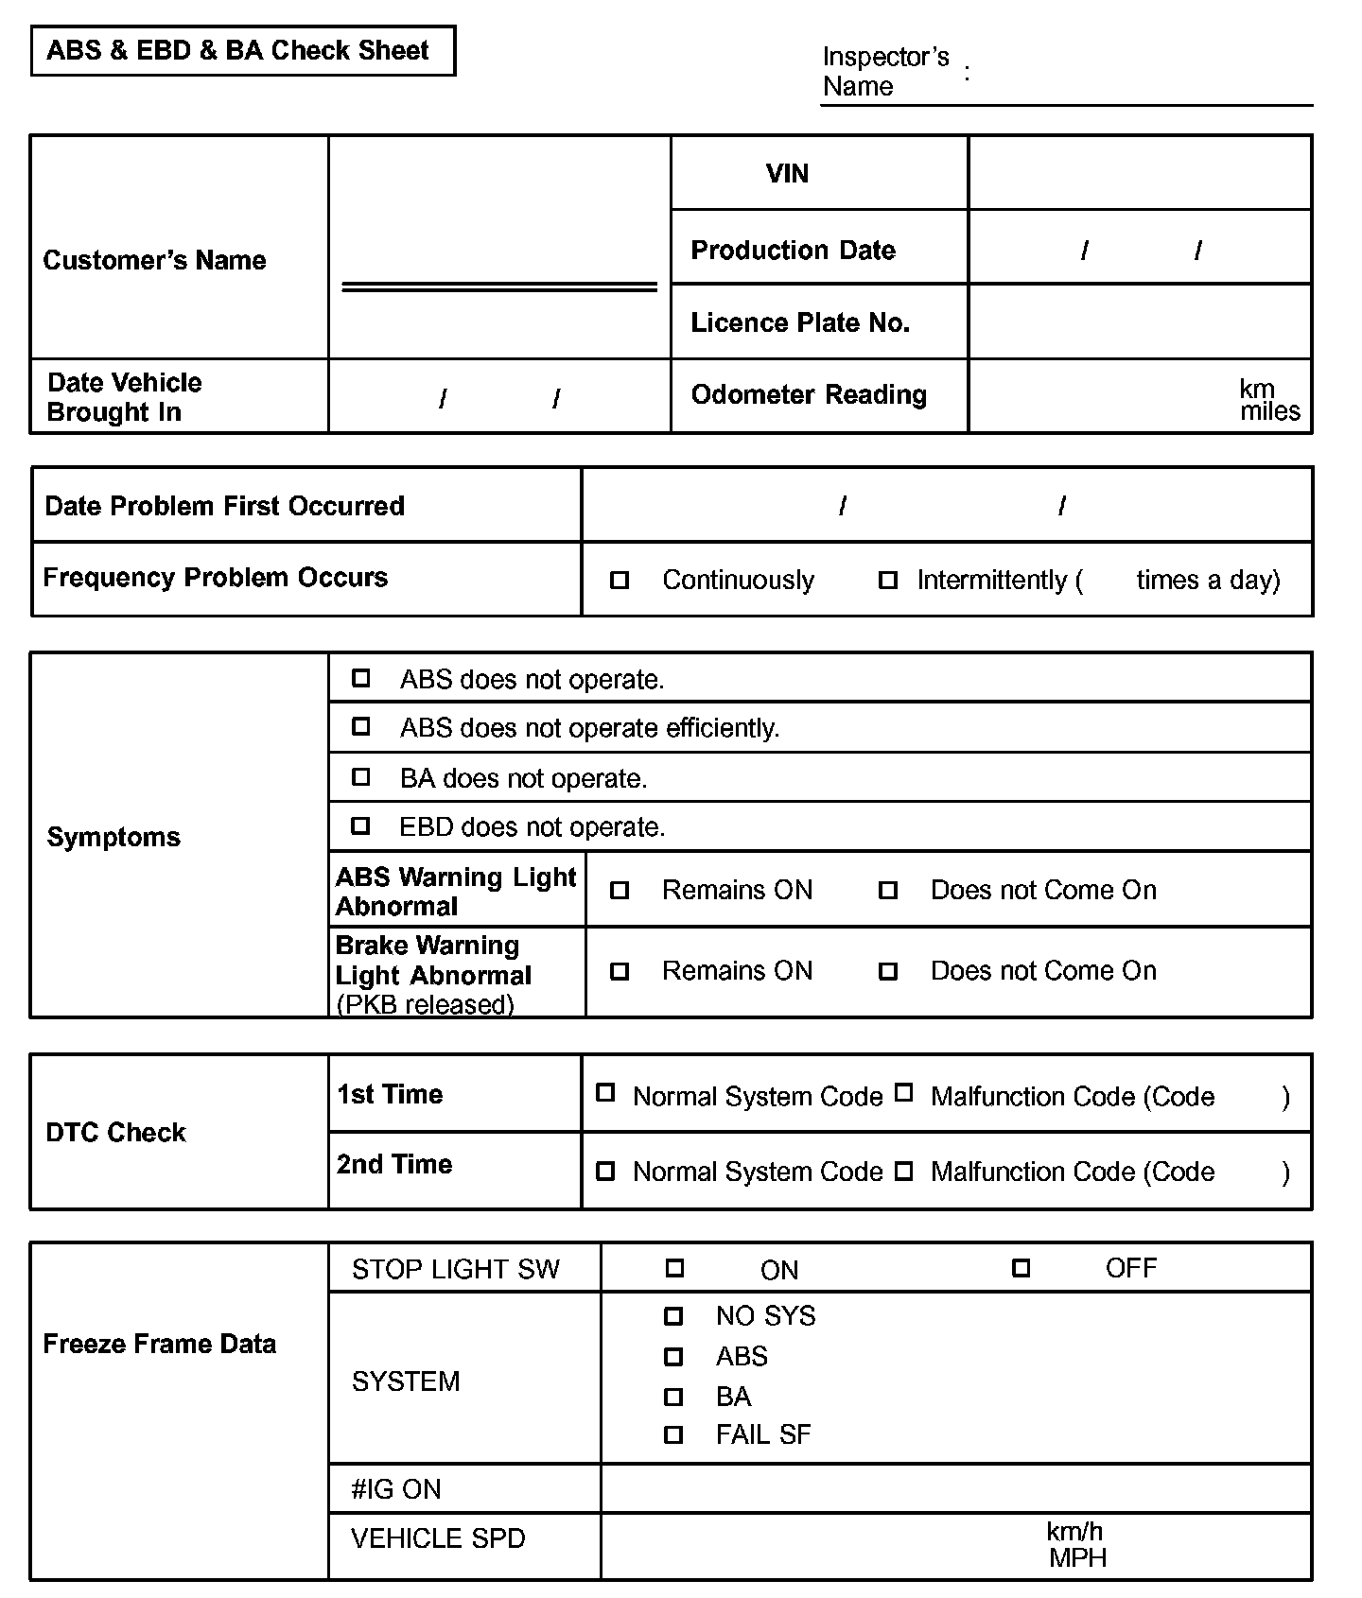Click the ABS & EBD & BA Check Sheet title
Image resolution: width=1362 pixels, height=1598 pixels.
(x=237, y=50)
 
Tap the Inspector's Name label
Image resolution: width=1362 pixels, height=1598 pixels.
(x=885, y=72)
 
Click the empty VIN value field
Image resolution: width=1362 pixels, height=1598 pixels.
(x=1140, y=173)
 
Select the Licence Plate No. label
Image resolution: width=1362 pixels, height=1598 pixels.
(x=800, y=323)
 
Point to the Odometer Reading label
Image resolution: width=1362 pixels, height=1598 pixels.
(x=809, y=395)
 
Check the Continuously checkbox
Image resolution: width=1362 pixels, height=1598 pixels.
(x=620, y=580)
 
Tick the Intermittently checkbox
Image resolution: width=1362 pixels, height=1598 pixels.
(x=888, y=580)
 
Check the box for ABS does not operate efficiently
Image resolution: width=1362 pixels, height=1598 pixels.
(x=360, y=726)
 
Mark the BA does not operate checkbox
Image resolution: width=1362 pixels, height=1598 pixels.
(x=360, y=776)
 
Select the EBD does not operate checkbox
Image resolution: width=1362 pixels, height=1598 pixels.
(x=360, y=825)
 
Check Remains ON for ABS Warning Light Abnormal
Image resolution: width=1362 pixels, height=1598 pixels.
(x=620, y=890)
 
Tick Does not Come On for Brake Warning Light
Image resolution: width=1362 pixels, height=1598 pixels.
(x=888, y=971)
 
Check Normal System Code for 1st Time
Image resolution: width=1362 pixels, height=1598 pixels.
(x=605, y=1093)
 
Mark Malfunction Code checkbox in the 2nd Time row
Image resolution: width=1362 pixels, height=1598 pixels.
(x=904, y=1172)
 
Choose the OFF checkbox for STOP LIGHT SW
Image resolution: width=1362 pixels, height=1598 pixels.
(x=1021, y=1268)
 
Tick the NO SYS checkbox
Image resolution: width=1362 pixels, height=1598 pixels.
(x=673, y=1315)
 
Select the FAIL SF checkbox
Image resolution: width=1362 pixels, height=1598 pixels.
(x=673, y=1434)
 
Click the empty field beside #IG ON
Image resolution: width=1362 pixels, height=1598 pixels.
(x=955, y=1488)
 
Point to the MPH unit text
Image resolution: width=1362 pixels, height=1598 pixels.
(x=1077, y=1558)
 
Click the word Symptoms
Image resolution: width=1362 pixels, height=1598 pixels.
(x=113, y=838)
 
